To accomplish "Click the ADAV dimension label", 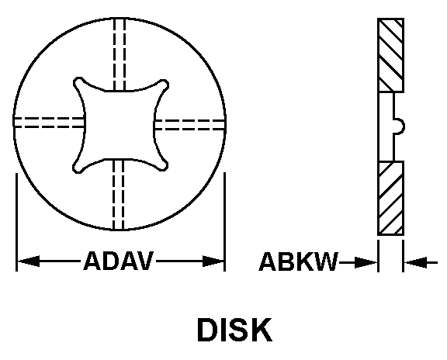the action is click(x=119, y=261).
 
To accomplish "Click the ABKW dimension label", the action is click(x=298, y=261).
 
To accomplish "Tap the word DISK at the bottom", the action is click(x=234, y=330).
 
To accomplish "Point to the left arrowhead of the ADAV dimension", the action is click(x=29, y=261).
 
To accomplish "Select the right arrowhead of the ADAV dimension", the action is click(x=213, y=261).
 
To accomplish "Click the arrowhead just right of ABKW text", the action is click(x=366, y=262).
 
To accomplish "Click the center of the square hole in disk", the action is click(x=120, y=125).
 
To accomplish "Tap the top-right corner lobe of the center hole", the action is click(x=163, y=85).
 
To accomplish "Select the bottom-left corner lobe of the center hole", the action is click(x=78, y=168).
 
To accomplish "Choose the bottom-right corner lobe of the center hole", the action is click(x=162, y=165).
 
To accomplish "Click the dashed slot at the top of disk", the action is click(x=120, y=54).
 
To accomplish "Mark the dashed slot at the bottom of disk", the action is click(x=118, y=195).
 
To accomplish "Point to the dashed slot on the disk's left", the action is click(x=49, y=123).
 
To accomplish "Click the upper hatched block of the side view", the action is click(x=390, y=55).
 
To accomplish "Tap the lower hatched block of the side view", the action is click(x=390, y=199).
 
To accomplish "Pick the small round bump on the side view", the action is click(x=400, y=126).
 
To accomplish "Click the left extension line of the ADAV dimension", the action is click(x=16, y=222).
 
